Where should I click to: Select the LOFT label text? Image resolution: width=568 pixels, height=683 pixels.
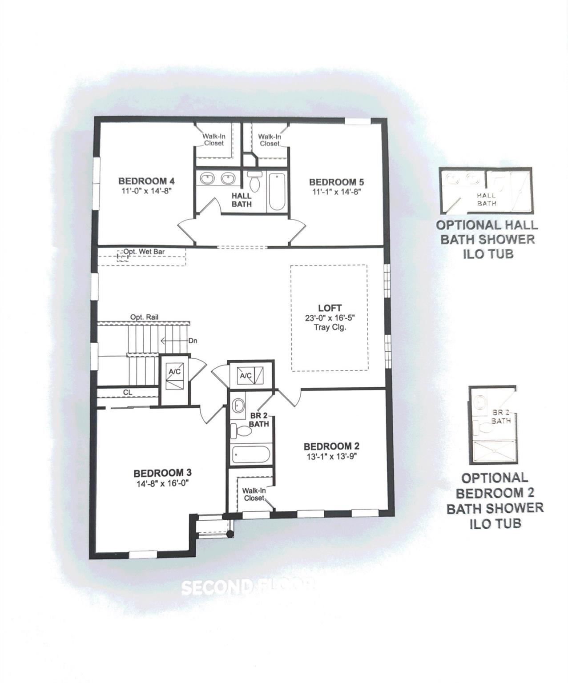pos(330,308)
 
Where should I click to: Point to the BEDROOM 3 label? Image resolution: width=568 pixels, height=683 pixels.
pos(162,473)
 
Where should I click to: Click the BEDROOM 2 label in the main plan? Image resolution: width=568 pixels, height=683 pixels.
pos(331,446)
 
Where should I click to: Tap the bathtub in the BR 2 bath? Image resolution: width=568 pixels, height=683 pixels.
pos(251,455)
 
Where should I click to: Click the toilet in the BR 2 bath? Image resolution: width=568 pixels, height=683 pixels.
pos(242,430)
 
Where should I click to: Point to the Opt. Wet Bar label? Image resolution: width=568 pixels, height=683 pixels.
pos(144,252)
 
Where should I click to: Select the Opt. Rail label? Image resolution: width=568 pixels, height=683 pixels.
pos(144,317)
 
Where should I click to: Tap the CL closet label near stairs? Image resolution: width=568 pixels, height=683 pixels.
pos(128,392)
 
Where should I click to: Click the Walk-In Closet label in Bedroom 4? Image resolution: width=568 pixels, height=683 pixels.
pos(214,140)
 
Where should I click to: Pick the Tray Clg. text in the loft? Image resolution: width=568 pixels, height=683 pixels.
pos(330,327)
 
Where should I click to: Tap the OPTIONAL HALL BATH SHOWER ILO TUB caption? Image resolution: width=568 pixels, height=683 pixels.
pos(487,239)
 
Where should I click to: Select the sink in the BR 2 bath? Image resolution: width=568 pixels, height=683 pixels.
pos(238,406)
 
